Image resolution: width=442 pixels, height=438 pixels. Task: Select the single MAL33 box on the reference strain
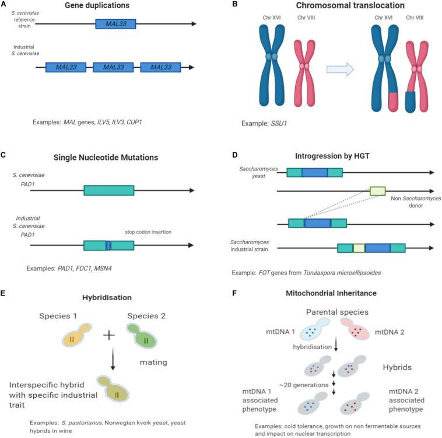click(116, 24)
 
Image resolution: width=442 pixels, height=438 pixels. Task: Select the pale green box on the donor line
click(377, 190)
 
